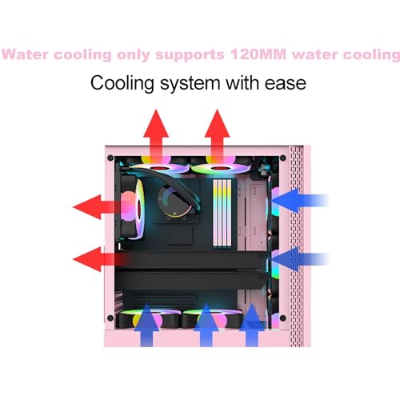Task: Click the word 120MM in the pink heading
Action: point(258,54)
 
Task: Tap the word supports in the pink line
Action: point(190,55)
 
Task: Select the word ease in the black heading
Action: point(286,83)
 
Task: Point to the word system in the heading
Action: point(190,84)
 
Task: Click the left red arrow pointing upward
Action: point(156,136)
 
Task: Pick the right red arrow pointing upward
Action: point(218,136)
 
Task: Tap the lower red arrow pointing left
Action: point(100,259)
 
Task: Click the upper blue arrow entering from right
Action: point(300,200)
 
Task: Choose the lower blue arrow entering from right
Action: point(300,259)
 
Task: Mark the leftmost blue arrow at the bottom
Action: point(146,325)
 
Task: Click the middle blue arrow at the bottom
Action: point(206,325)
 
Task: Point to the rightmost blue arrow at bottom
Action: point(252,325)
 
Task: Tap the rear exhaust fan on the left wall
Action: point(133,208)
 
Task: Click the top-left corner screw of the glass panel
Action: point(110,158)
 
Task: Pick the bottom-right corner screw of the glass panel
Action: point(283,318)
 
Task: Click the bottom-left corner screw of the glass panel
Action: point(110,318)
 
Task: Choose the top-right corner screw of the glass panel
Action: point(283,158)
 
